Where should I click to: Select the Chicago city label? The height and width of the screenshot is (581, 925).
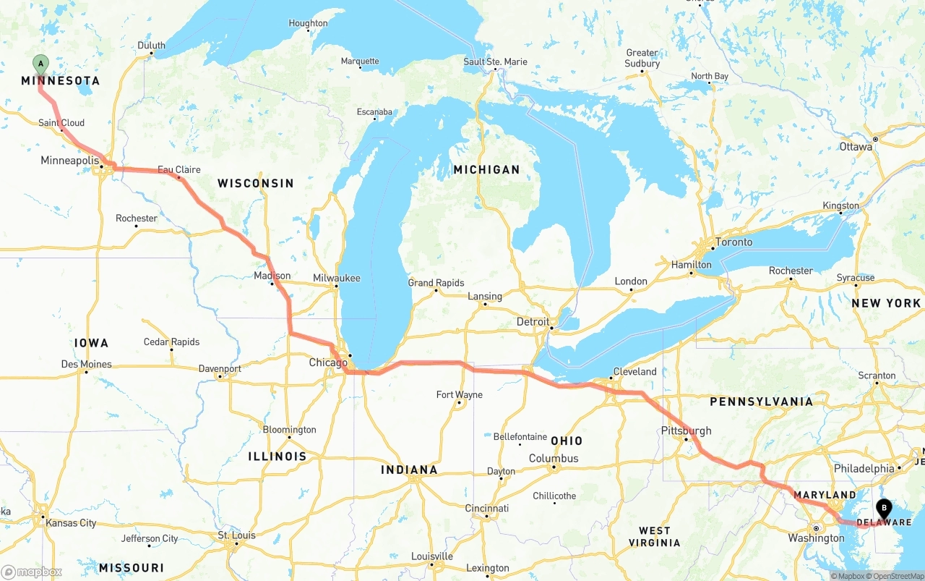pyautogui.click(x=328, y=362)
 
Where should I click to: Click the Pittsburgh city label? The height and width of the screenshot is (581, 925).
pyautogui.click(x=686, y=431)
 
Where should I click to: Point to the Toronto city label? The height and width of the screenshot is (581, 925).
pyautogui.click(x=733, y=242)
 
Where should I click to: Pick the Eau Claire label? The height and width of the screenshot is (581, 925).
pyautogui.click(x=179, y=169)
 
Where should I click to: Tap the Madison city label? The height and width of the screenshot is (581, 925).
pyautogui.click(x=272, y=276)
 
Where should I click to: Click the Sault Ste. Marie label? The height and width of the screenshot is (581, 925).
pyautogui.click(x=495, y=62)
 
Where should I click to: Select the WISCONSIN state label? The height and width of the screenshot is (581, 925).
pyautogui.click(x=256, y=183)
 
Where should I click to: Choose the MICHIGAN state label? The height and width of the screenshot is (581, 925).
pyautogui.click(x=486, y=169)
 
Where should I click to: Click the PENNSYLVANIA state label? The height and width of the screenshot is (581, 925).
pyautogui.click(x=761, y=402)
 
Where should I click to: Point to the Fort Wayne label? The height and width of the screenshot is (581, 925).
pyautogui.click(x=460, y=395)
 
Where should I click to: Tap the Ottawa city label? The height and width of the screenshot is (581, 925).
pyautogui.click(x=856, y=147)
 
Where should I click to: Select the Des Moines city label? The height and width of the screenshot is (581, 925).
pyautogui.click(x=86, y=364)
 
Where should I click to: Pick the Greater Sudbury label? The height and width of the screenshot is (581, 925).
pyautogui.click(x=642, y=58)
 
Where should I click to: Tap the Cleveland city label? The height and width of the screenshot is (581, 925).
pyautogui.click(x=634, y=372)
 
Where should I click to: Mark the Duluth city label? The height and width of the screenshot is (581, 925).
pyautogui.click(x=151, y=46)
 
